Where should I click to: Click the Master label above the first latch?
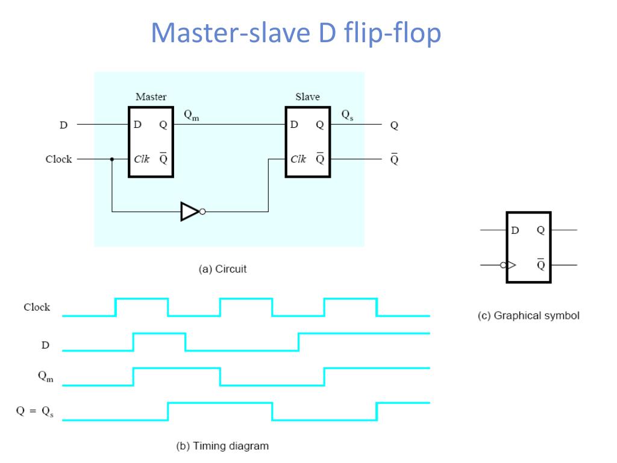point(151,96)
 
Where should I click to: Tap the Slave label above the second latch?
point(307,96)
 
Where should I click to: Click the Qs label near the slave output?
point(348,115)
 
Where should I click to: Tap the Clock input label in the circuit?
point(58,160)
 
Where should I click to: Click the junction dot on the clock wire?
point(112,160)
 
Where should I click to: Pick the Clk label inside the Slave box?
point(298,160)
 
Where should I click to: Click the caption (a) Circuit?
point(222,269)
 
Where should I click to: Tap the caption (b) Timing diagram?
point(222,446)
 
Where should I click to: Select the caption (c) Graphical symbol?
point(528,316)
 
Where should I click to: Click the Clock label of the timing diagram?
point(37,307)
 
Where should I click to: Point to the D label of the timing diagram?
point(45,345)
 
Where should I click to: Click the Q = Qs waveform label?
point(34,412)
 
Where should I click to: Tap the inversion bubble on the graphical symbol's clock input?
point(503,265)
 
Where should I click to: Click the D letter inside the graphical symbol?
point(515,230)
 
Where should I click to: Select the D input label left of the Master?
point(63,125)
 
